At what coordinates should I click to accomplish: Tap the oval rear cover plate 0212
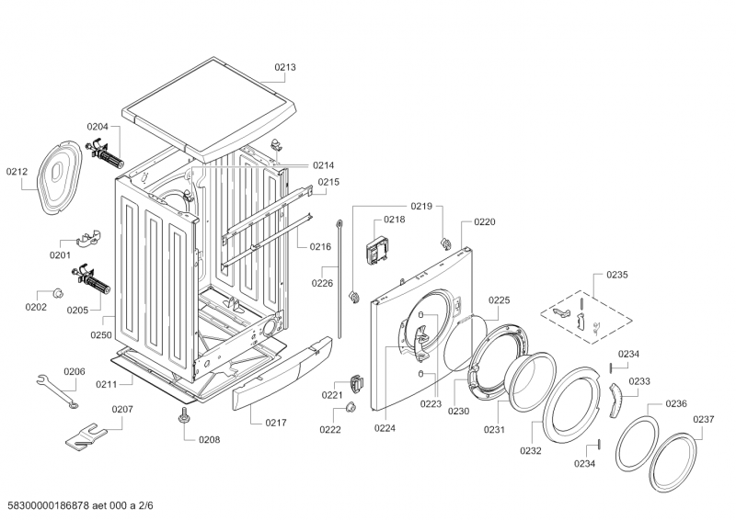(59, 174)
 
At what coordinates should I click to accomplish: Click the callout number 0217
(276, 423)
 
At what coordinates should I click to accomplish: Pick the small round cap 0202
(58, 293)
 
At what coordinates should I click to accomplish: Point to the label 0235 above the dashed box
(616, 275)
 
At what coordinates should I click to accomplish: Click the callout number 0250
(102, 335)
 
